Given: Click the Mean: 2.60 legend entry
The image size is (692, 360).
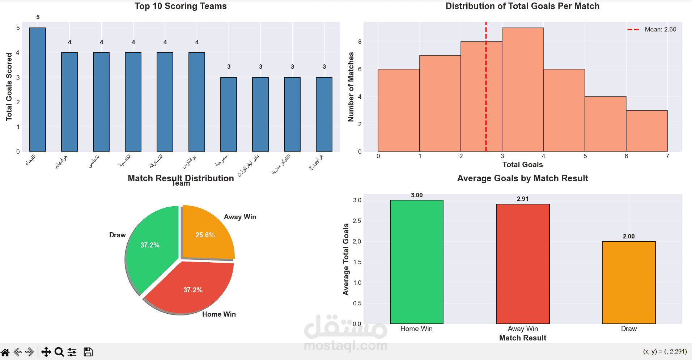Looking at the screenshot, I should [x=651, y=30].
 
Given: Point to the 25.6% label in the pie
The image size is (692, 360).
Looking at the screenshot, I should [x=205, y=235].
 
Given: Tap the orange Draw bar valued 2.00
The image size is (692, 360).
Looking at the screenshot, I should [x=628, y=282].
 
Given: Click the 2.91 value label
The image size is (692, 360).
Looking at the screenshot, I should [x=522, y=199].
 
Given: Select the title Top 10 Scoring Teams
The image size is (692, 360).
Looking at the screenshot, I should [x=181, y=6].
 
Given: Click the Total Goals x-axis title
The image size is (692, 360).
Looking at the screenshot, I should [x=522, y=165].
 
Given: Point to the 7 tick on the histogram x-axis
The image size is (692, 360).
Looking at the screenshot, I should [x=667, y=156].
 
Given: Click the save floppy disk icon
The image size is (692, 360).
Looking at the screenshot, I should [x=88, y=352].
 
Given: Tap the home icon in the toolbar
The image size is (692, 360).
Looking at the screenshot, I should [x=5, y=352].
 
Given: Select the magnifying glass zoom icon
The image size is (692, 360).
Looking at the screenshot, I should [x=59, y=352].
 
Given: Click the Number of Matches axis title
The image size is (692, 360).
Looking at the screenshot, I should [x=351, y=87].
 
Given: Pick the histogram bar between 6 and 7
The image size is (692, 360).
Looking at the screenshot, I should [x=646, y=131].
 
